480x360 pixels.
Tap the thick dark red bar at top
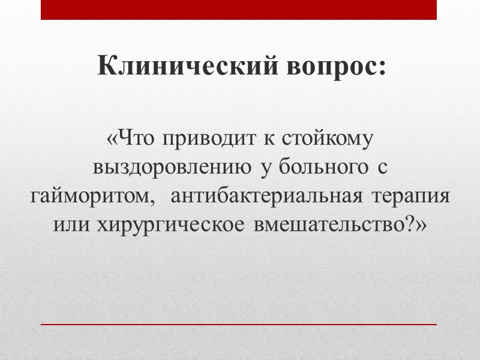[x=239, y=10]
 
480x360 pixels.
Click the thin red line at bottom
[x=239, y=324]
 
